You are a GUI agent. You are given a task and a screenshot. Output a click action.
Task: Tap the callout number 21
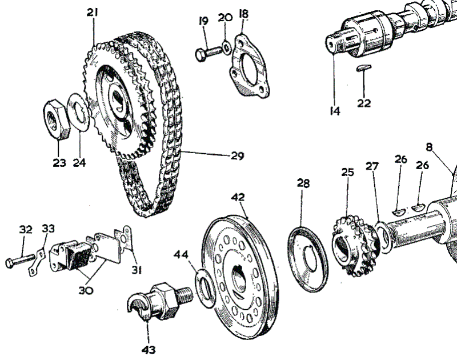93,11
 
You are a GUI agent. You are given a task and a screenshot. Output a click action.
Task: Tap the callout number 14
334,111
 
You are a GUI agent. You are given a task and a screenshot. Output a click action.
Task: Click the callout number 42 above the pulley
238,197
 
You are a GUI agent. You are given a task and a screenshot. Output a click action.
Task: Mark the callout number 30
86,290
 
